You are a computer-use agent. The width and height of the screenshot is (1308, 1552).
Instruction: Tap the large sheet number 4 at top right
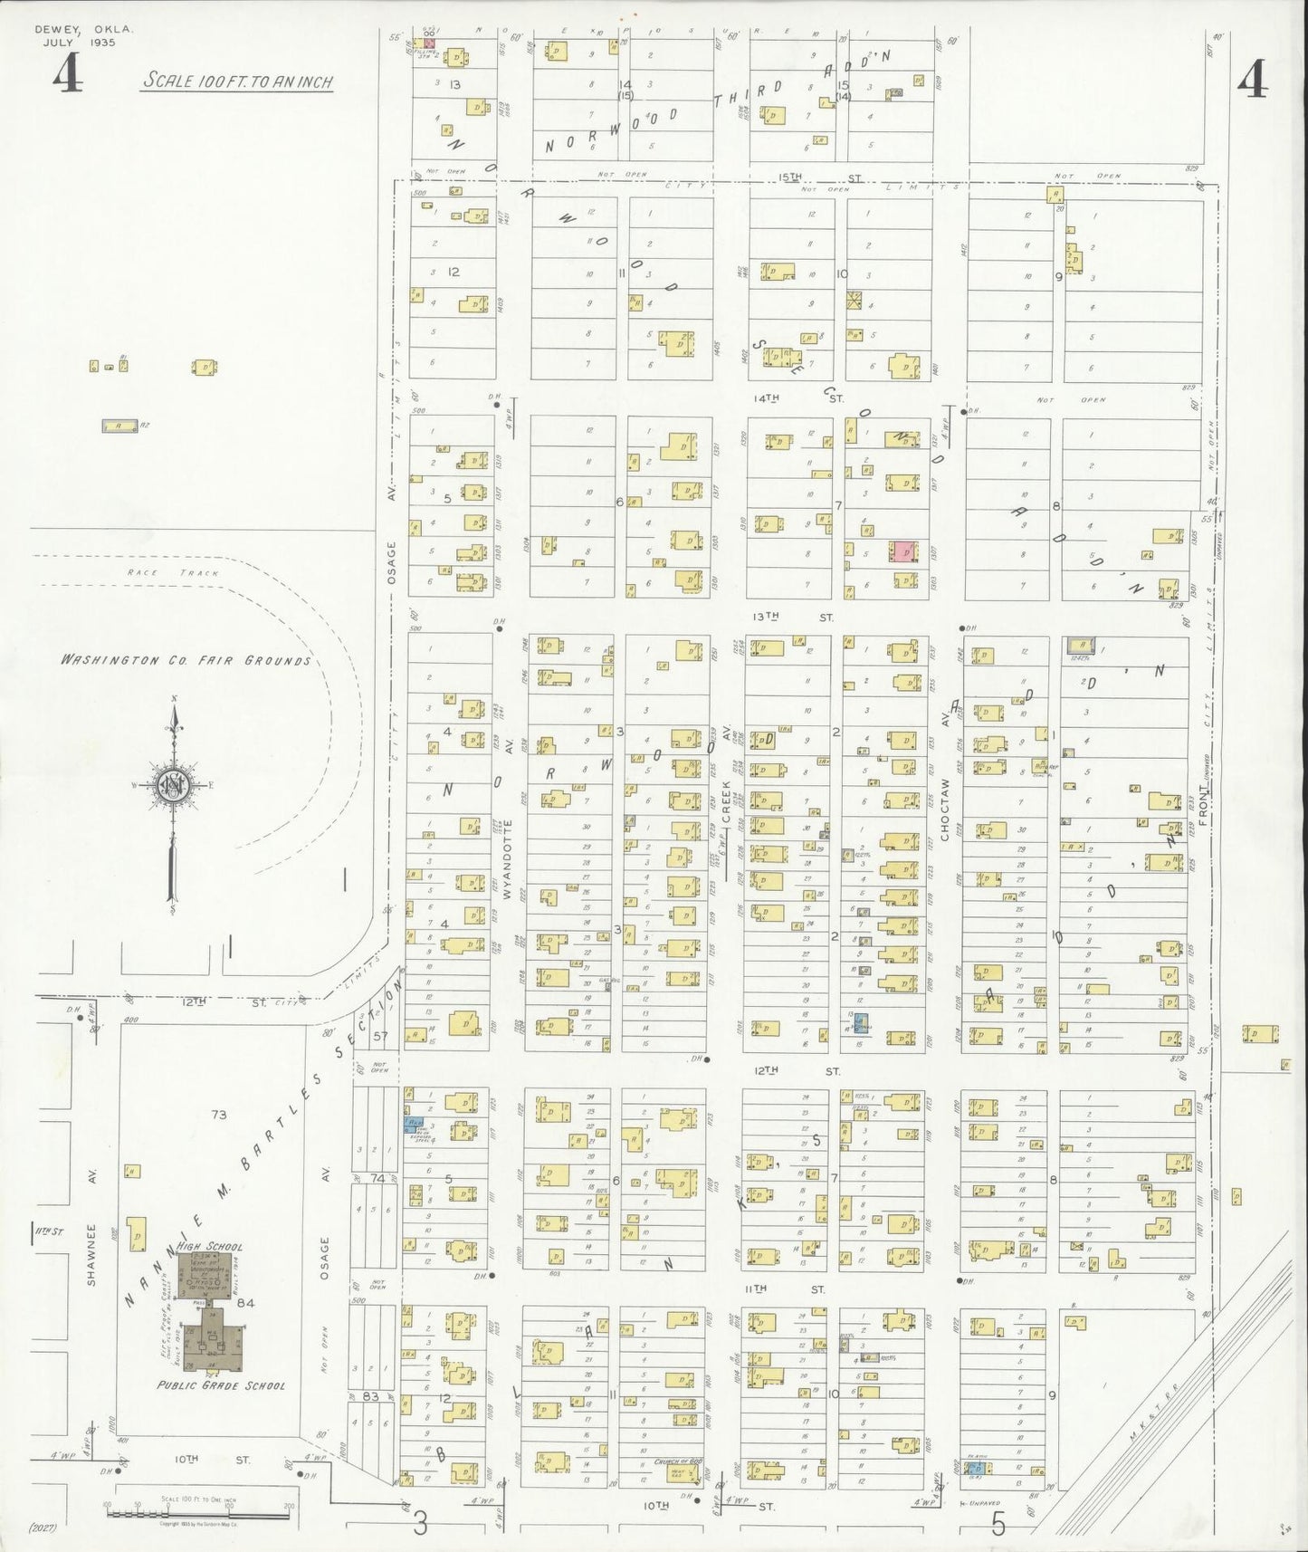1252,81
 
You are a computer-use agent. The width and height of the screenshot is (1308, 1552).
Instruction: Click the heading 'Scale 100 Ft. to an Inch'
237,81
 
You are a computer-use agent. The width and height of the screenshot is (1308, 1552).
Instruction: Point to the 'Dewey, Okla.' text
83,29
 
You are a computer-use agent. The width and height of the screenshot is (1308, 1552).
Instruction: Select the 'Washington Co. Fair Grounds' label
186,660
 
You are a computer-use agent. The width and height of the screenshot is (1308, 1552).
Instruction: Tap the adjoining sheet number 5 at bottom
998,1525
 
